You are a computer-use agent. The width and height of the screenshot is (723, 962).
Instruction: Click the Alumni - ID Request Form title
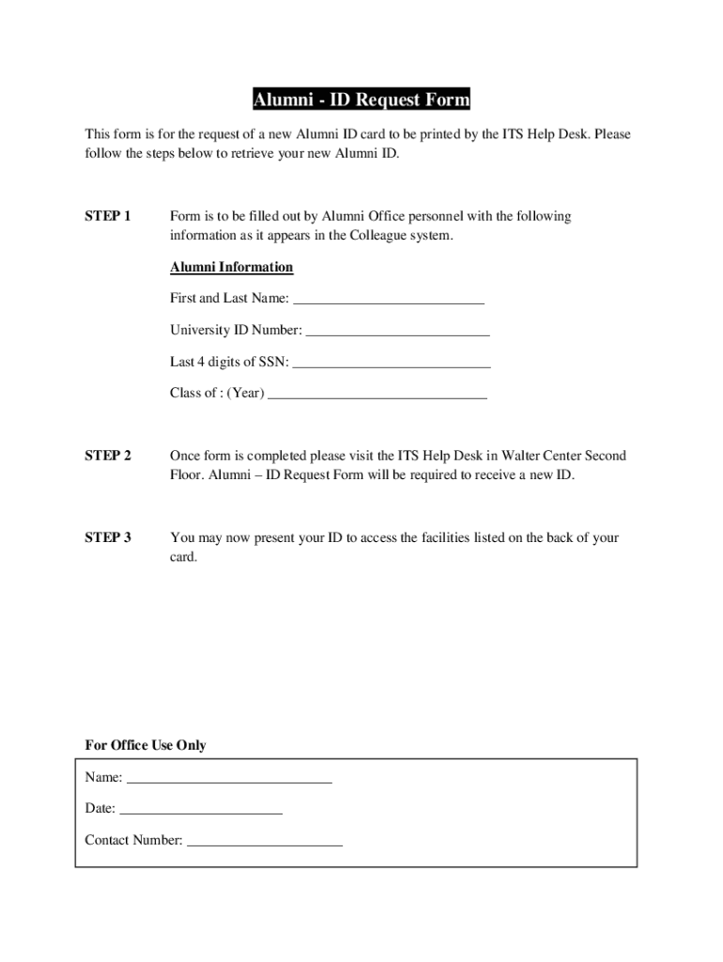tap(361, 101)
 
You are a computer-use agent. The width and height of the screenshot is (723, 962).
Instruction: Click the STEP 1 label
tap(108, 217)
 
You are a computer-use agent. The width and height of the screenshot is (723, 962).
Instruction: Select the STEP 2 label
tap(108, 457)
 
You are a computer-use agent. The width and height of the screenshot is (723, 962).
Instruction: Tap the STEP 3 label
tap(108, 538)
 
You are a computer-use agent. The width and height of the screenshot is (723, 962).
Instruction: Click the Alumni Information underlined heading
tap(231, 268)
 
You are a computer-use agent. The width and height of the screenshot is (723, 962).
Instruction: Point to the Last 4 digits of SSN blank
tap(392, 364)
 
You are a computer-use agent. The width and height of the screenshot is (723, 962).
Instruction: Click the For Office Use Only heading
tap(146, 746)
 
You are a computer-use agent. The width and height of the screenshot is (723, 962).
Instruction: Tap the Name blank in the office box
tap(229, 779)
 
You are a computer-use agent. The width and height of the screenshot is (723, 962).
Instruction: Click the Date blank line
tap(201, 810)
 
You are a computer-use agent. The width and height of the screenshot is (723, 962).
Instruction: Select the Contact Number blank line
tap(265, 842)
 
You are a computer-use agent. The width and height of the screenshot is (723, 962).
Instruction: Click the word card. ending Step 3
tap(184, 557)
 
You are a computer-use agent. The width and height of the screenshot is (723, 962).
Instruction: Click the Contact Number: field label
tap(133, 841)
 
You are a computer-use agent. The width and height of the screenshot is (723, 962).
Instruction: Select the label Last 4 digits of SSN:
tap(229, 363)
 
